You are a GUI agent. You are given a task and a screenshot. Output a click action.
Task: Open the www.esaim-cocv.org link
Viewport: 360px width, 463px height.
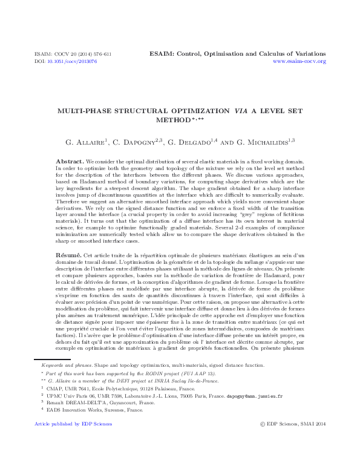click(x=299, y=62)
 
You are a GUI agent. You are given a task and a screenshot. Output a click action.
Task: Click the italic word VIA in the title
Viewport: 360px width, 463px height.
click(x=226, y=111)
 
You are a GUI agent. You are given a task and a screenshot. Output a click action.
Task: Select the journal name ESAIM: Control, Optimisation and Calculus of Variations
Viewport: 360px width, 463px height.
click(x=237, y=54)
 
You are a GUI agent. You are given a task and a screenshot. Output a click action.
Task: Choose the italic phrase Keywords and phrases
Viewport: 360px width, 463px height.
click(x=59, y=366)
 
